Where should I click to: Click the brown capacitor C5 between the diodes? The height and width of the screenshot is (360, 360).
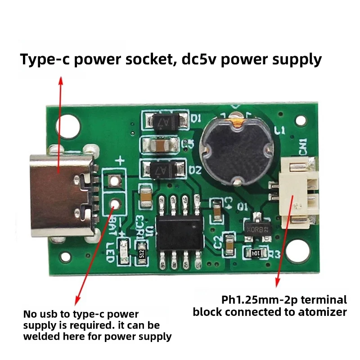click(161, 145)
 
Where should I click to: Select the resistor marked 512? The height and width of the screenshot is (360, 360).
click(142, 253)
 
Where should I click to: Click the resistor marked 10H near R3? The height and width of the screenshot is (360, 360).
click(256, 253)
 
